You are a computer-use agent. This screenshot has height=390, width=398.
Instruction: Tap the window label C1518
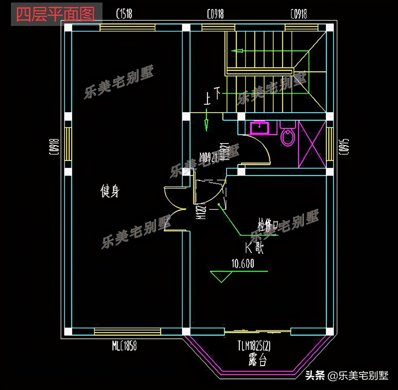(124, 14)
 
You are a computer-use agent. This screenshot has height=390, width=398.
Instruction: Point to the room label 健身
(110, 191)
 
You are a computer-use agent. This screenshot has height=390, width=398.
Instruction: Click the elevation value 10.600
(243, 264)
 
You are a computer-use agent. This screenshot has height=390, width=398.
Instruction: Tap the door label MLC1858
(124, 346)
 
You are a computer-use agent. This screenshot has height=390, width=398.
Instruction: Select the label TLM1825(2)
(254, 346)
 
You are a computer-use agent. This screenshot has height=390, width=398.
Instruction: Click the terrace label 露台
(257, 360)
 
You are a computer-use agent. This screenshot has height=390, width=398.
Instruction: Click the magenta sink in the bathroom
(260, 128)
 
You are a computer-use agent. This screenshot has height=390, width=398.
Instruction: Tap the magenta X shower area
(312, 144)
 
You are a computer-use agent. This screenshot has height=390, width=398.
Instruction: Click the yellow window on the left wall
(68, 144)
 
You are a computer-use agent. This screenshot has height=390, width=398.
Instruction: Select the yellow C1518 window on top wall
(127, 27)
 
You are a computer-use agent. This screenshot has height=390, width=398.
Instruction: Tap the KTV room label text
(254, 248)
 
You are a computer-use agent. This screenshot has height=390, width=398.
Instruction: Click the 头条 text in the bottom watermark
(315, 375)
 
